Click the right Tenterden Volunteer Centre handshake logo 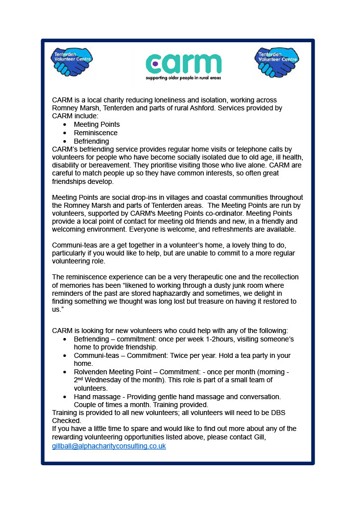coord(276,62)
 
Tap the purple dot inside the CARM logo coord(155,64)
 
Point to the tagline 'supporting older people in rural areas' coord(183,78)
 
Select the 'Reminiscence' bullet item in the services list coord(95,133)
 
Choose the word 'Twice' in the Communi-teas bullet coord(183,355)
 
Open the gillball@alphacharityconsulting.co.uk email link coord(109,446)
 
